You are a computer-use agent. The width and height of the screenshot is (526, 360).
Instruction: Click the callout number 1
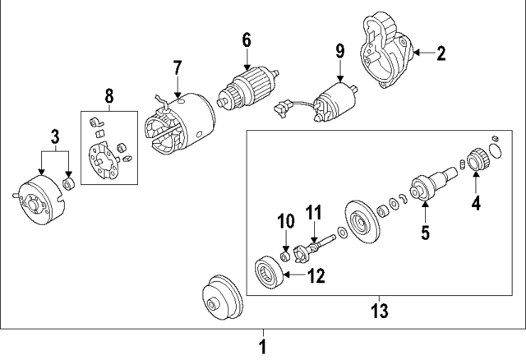point(263,344)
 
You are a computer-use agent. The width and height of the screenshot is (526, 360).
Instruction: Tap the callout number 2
point(441,54)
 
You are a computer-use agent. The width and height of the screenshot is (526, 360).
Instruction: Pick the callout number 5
point(425,233)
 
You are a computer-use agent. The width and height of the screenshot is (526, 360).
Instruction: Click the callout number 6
point(246,39)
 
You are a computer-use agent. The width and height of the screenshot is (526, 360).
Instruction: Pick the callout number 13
point(380,311)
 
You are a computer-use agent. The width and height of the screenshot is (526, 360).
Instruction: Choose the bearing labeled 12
point(270,272)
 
